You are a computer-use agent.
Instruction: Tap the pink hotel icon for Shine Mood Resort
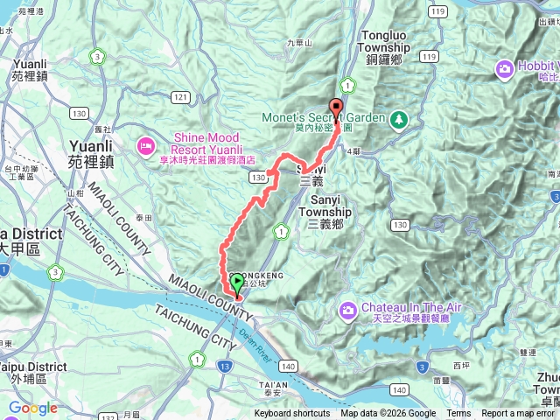(x=145, y=143)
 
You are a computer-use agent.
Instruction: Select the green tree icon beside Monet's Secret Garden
(x=399, y=117)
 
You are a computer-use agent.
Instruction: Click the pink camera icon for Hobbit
(x=505, y=68)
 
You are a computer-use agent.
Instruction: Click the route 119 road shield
(x=429, y=55)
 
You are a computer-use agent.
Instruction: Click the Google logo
(x=32, y=408)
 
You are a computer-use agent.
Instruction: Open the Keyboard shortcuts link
(x=291, y=414)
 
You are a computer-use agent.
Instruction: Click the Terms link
(x=458, y=414)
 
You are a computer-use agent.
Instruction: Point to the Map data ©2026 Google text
(x=388, y=414)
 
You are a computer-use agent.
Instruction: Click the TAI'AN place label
(x=273, y=385)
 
